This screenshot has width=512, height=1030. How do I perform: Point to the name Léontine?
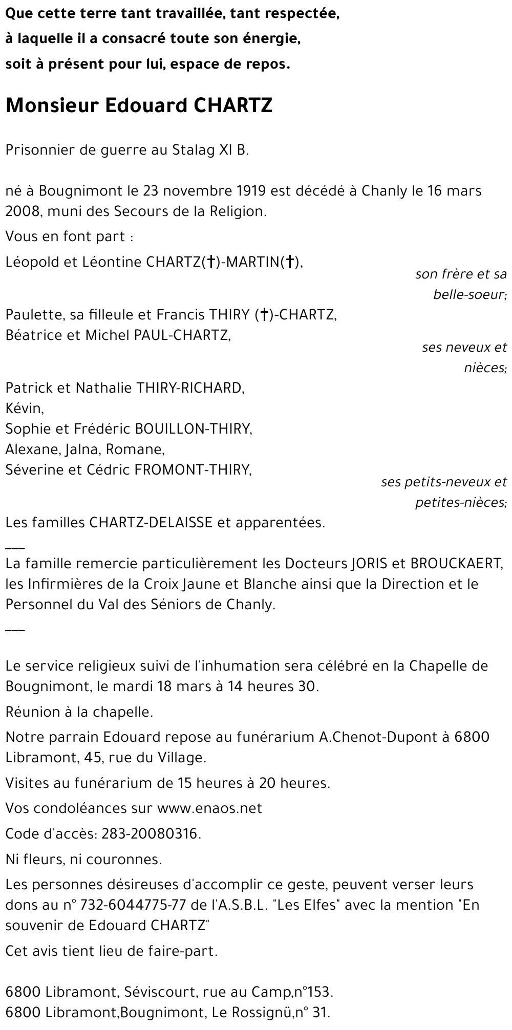click(104, 262)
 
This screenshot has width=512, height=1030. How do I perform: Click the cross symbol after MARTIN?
click(290, 262)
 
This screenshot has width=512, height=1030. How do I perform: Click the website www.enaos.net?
click(209, 808)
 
